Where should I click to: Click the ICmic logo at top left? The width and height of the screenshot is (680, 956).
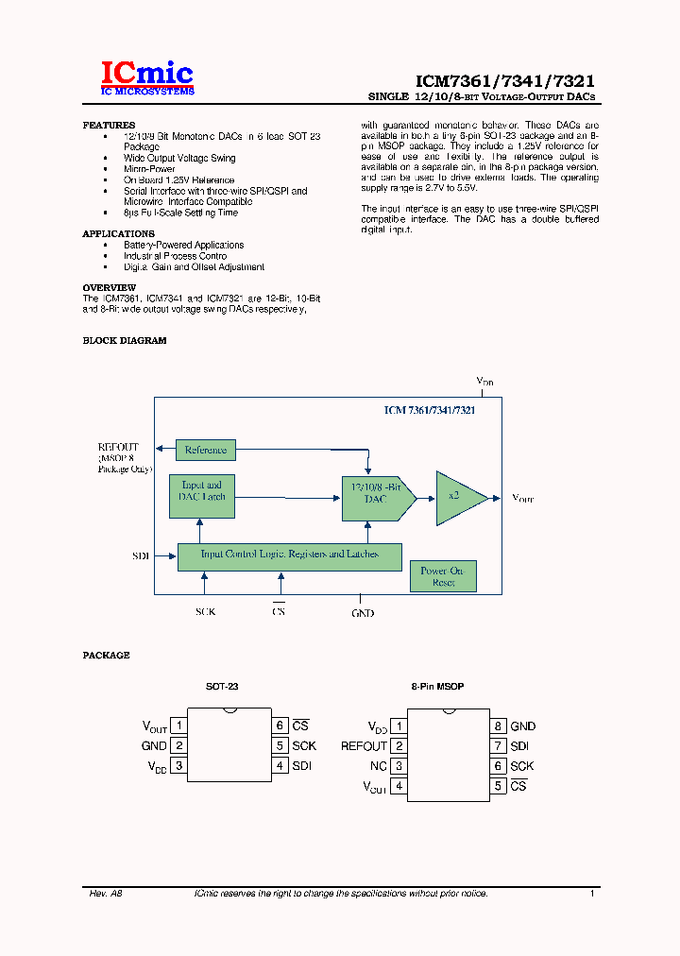coord(147,77)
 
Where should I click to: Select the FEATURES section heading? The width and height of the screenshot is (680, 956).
coord(109,126)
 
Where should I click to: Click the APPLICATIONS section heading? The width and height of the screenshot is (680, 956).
coord(118,233)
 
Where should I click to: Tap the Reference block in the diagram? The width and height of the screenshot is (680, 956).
coord(206,450)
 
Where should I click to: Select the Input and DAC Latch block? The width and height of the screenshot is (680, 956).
coord(201,491)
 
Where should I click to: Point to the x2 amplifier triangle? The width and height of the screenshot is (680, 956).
coord(456,497)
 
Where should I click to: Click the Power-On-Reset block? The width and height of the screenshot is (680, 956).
coord(443,576)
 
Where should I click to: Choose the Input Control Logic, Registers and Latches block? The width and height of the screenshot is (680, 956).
coord(290,555)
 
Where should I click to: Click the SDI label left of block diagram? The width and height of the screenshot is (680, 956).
coord(141,556)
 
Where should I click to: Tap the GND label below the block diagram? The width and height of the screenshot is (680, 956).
coord(363,613)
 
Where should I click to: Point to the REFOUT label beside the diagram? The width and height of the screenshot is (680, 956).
coord(118,447)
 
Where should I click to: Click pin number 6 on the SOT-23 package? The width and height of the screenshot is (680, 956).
coord(280,726)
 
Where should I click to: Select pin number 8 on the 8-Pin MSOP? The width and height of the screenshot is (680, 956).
coord(497,726)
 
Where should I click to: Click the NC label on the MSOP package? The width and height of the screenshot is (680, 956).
coord(378,766)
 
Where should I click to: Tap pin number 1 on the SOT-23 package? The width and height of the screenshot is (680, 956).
coord(178,726)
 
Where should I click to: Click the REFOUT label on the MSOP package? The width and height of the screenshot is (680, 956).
coord(364,746)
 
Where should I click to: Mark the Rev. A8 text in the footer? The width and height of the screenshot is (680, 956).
coord(106,893)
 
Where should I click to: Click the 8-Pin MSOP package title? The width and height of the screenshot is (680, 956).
coord(437,687)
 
